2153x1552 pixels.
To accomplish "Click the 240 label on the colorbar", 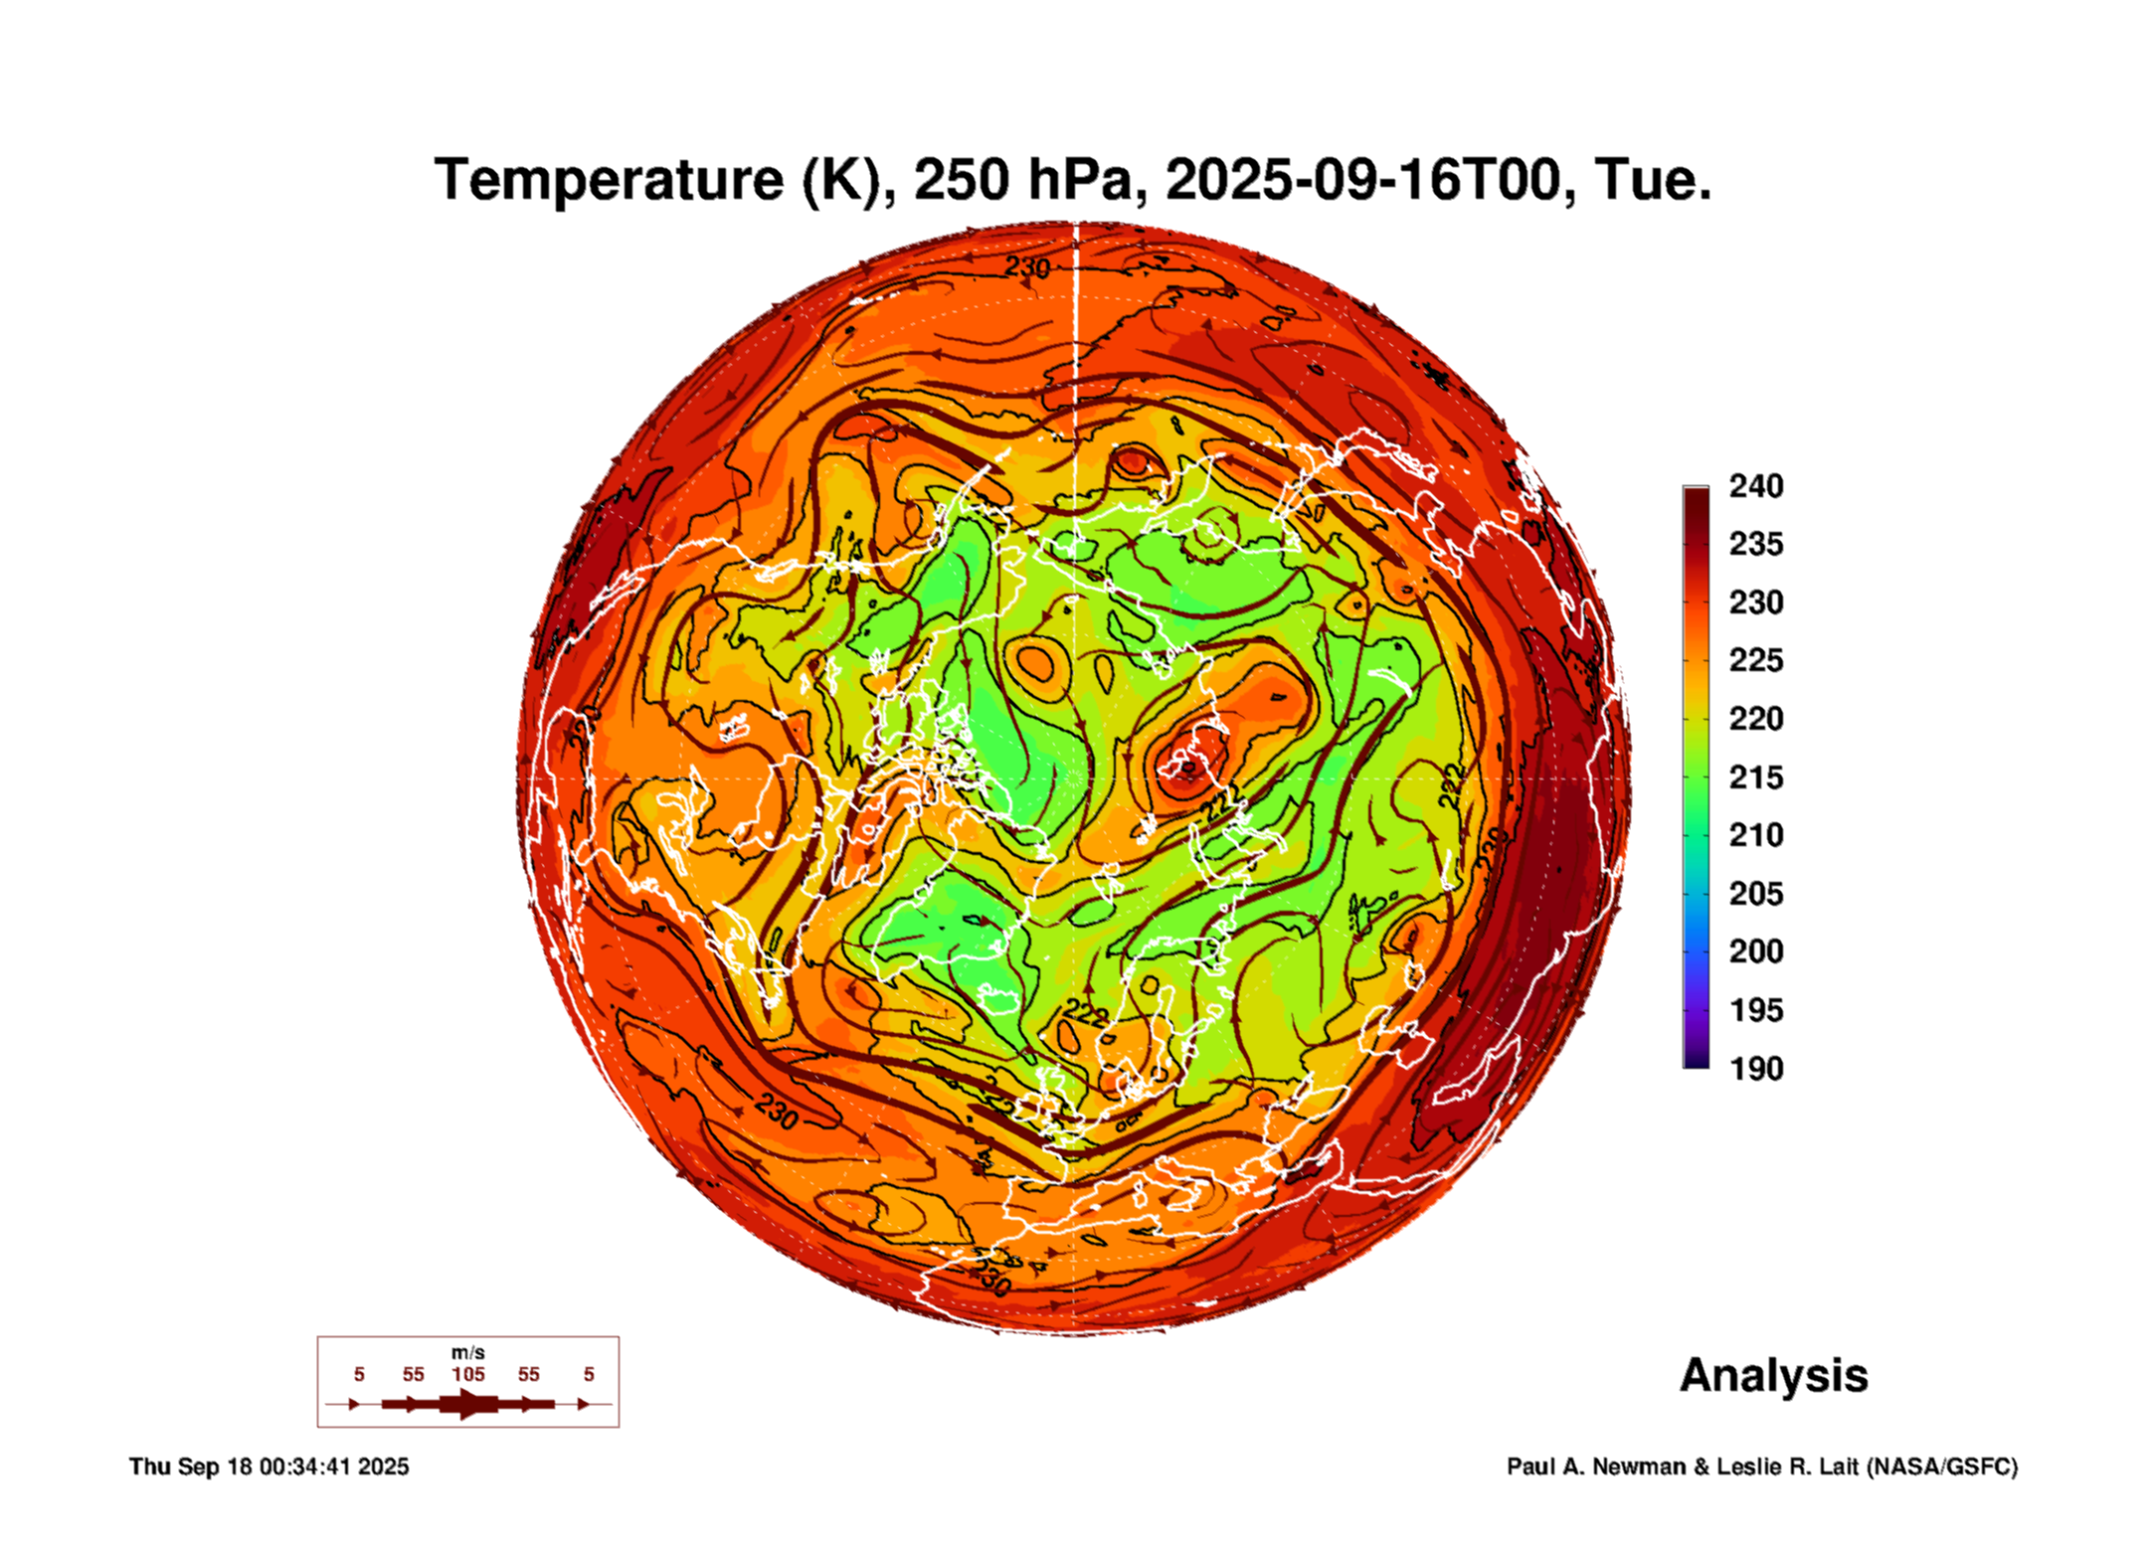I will pyautogui.click(x=1755, y=486).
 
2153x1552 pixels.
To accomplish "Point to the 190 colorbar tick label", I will pyautogui.click(x=1755, y=1069).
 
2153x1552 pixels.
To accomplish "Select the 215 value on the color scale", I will pyautogui.click(x=1755, y=777).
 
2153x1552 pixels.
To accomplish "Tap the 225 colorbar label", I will pyautogui.click(x=1755, y=660).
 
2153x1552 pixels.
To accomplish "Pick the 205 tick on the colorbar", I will pyautogui.click(x=1755, y=894).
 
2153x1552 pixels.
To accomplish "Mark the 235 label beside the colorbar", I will pyautogui.click(x=1755, y=544).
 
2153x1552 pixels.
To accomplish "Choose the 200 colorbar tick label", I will pyautogui.click(x=1755, y=951).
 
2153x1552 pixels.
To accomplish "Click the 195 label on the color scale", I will pyautogui.click(x=1755, y=1010).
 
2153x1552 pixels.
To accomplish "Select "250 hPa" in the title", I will pyautogui.click(x=1022, y=180).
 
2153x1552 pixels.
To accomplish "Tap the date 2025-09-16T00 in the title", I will pyautogui.click(x=1361, y=180).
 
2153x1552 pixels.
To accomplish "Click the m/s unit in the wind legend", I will pyautogui.click(x=467, y=1353).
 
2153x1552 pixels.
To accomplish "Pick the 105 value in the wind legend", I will pyautogui.click(x=467, y=1375).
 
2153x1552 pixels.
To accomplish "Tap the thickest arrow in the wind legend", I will pyautogui.click(x=467, y=1404).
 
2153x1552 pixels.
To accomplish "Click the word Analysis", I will pyautogui.click(x=1773, y=1375).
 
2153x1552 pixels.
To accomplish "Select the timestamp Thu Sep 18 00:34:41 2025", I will pyautogui.click(x=269, y=1466).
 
